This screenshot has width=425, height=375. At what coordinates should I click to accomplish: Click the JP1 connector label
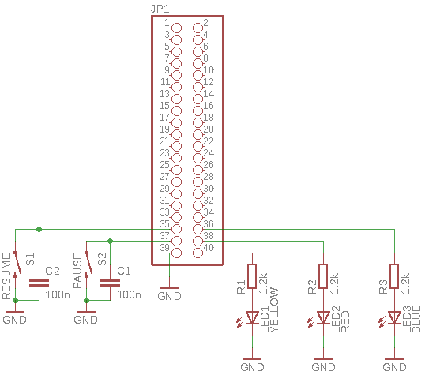pos(160,9)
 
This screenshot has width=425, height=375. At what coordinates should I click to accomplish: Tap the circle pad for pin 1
pos(176,28)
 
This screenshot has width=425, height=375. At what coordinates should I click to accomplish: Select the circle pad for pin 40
pos(197,253)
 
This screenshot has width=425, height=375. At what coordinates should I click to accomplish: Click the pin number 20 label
pos(209,129)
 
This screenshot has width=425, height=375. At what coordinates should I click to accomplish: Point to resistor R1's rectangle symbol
pos(252,276)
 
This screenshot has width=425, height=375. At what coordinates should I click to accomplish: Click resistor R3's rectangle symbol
pos(394,276)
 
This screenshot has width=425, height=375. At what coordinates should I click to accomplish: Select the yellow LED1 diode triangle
pos(252,317)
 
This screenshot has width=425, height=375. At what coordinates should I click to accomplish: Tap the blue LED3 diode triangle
pos(394,317)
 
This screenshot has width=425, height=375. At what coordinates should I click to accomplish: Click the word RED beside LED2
pos(345,321)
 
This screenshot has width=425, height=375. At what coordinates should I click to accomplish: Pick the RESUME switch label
pos(6,276)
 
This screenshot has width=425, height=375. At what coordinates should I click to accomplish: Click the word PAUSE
pos(77,271)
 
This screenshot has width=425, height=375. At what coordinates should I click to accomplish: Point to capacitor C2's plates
pos(39,283)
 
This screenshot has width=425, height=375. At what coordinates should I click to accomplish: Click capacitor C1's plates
pos(110,283)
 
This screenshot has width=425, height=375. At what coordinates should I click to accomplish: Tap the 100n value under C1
pos(129,294)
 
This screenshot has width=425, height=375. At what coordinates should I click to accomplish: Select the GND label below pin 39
pos(169,296)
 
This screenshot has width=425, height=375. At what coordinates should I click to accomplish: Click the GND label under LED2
pos(323,367)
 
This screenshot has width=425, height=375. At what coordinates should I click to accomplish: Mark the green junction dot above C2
pos(39,229)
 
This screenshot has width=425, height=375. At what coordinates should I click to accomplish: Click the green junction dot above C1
pos(110,241)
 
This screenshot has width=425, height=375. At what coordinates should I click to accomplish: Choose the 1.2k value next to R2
pos(334,283)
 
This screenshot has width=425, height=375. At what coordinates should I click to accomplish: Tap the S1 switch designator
pos(30,259)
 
